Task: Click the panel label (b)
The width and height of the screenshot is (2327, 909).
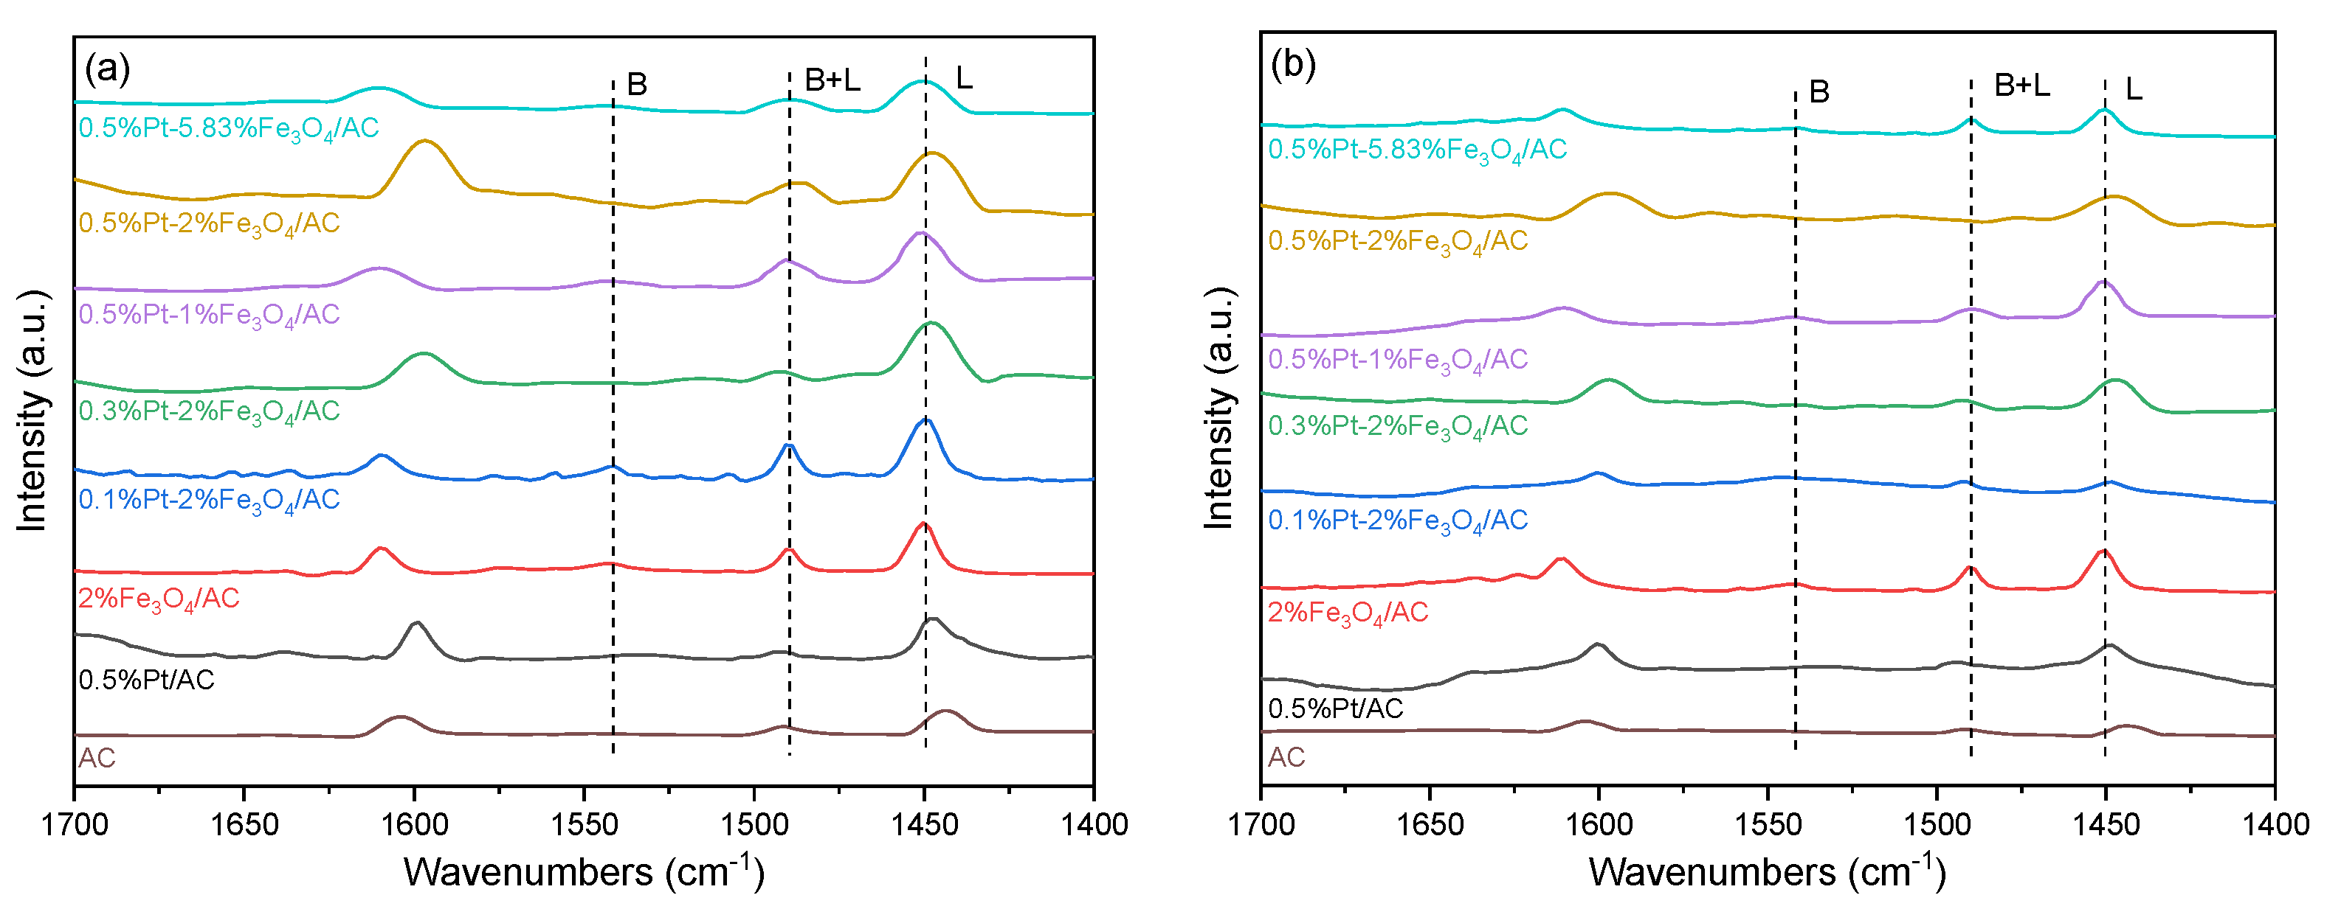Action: click(1293, 64)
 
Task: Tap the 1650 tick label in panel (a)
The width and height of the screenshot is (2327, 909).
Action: click(243, 825)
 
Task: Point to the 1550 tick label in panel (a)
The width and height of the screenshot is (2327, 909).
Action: click(584, 825)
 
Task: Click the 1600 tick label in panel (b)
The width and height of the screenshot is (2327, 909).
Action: click(1599, 825)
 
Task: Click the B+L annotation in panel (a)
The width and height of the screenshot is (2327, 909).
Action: click(832, 81)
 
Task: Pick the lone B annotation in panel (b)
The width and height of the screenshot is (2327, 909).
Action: click(1819, 92)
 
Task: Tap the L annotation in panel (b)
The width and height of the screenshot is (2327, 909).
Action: click(2134, 89)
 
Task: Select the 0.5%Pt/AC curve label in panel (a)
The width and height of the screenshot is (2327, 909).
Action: click(146, 680)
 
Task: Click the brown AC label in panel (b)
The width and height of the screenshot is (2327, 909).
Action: click(1286, 757)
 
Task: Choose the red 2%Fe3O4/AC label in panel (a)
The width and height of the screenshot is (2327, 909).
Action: click(159, 599)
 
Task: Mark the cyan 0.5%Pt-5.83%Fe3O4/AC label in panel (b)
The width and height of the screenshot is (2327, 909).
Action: click(1416, 150)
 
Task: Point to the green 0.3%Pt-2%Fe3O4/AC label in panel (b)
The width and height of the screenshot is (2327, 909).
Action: click(1396, 427)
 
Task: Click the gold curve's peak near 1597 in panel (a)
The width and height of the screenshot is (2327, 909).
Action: click(424, 141)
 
